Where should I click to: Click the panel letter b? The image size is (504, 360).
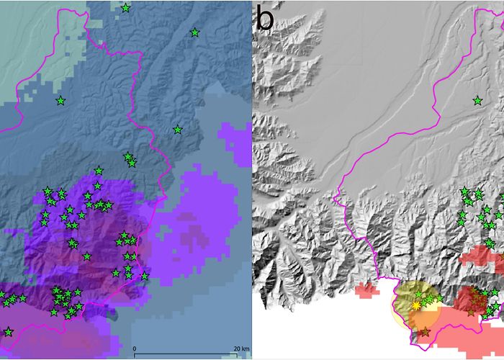tap(265, 19)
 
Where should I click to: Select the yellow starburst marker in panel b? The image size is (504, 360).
tap(416, 305)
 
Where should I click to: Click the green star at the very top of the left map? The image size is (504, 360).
tap(126, 8)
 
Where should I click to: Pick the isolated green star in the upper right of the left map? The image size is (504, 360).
tap(194, 32)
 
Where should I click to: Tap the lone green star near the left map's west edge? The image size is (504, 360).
tap(60, 101)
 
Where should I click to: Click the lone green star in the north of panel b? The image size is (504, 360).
tap(477, 101)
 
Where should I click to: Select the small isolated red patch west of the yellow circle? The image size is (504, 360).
tap(366, 290)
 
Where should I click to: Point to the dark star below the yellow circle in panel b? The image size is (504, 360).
tap(425, 332)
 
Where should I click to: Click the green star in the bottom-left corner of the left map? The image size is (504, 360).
tap(8, 332)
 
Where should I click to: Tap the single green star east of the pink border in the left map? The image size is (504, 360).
tap(177, 130)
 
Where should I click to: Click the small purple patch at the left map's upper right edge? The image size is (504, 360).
tap(234, 137)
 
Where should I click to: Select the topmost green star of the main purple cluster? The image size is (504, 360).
tap(99, 171)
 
